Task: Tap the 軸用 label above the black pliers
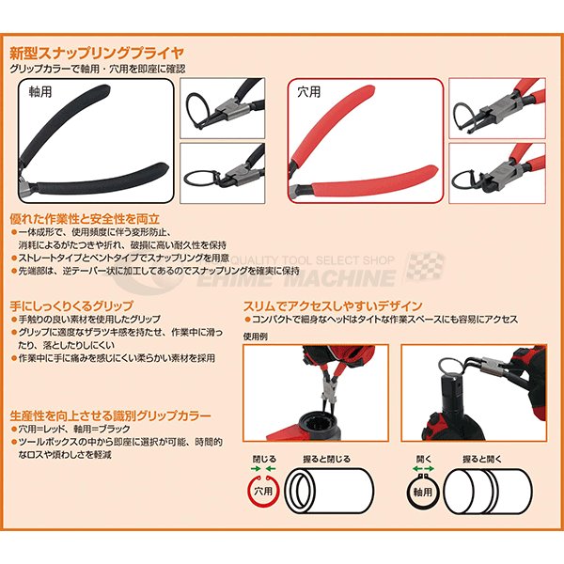click(x=39, y=93)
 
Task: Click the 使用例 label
click(x=256, y=336)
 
